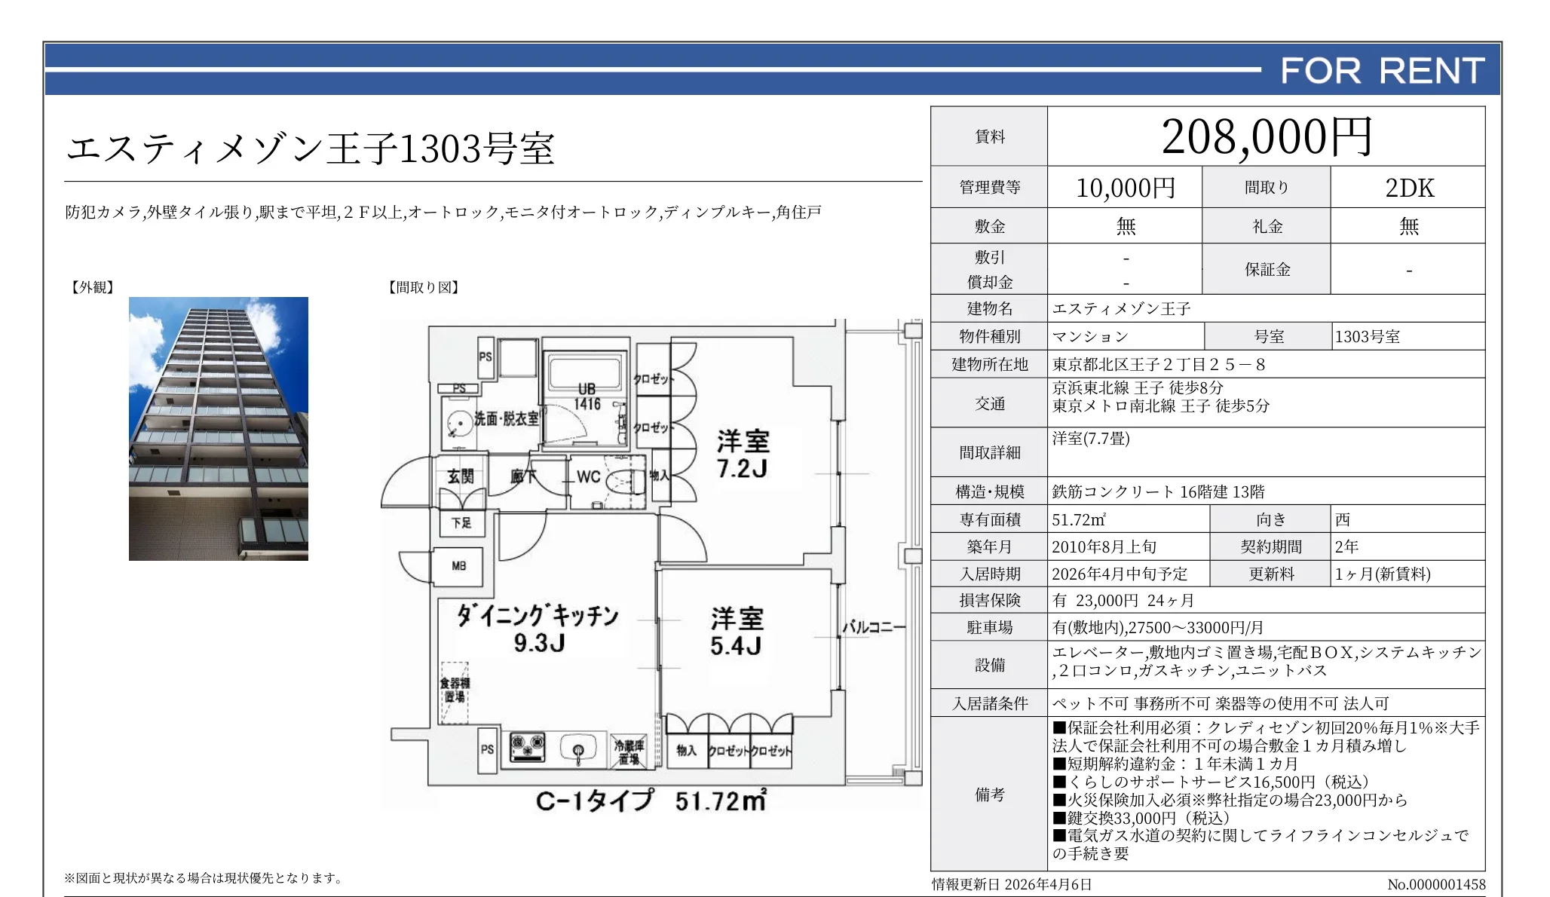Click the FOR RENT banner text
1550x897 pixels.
tap(1382, 71)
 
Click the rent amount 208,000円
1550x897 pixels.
tap(1266, 137)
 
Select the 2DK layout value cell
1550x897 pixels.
tap(1408, 188)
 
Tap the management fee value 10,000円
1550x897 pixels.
tap(1125, 188)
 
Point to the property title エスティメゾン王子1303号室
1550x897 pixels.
tap(311, 148)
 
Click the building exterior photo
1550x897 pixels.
tap(219, 428)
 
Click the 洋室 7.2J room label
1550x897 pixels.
tap(743, 454)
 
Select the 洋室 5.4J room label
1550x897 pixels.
tap(737, 632)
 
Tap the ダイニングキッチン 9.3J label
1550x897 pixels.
tap(538, 628)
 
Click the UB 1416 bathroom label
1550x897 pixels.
tap(587, 396)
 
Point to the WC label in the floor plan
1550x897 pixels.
tap(588, 476)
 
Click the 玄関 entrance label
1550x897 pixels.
tap(461, 476)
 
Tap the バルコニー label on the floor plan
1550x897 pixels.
tap(873, 626)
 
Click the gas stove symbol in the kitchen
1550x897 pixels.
tap(528, 746)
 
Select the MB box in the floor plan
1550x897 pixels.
tap(458, 566)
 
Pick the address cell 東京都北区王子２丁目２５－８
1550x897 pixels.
tap(1159, 365)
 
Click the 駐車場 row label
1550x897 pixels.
tap(989, 627)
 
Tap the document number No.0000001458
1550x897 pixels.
tap(1435, 884)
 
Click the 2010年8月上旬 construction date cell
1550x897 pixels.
tap(1104, 546)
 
